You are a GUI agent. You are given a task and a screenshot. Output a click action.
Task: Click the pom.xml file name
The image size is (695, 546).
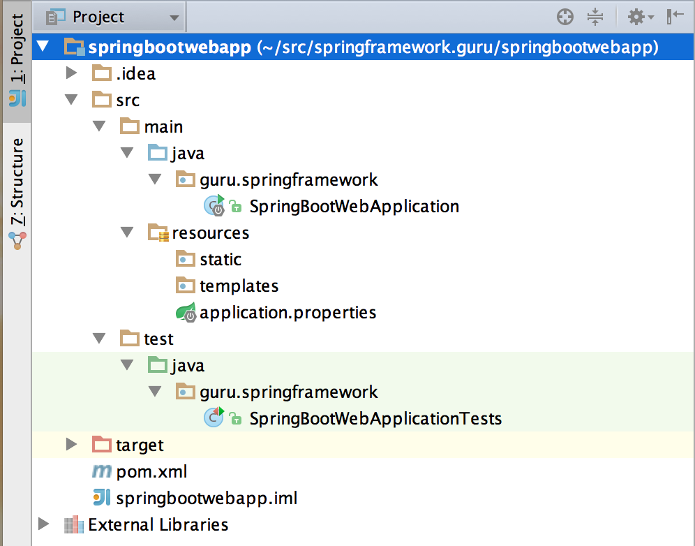(151, 472)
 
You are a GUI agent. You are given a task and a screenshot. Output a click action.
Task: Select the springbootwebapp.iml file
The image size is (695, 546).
(207, 499)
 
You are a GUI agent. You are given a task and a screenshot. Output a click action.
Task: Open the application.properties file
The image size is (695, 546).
(287, 313)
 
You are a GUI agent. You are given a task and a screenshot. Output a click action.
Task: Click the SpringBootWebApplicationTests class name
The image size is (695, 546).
(375, 419)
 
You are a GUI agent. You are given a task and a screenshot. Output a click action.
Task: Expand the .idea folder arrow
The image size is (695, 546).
(71, 73)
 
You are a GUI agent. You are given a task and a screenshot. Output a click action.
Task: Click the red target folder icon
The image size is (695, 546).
(101, 444)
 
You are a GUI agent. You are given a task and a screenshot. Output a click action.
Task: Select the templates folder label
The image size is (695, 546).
(239, 286)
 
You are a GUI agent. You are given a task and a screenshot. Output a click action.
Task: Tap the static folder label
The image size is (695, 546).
(221, 260)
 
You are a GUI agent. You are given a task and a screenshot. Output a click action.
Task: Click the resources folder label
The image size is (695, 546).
(211, 233)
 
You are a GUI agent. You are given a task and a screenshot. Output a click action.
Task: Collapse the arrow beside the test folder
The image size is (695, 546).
(99, 339)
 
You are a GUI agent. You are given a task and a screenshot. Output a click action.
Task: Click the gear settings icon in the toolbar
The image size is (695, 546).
(636, 17)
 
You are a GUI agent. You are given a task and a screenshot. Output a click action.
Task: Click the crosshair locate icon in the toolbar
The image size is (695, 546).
(565, 17)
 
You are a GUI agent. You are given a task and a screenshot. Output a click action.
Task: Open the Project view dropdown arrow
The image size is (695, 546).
(174, 18)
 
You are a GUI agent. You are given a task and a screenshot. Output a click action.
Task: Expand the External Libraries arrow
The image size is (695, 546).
(43, 524)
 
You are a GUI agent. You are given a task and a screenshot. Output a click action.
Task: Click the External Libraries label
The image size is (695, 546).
(158, 525)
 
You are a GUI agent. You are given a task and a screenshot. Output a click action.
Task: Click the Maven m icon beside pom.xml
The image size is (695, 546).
(101, 471)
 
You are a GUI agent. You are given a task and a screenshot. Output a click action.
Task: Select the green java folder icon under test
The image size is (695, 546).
(157, 365)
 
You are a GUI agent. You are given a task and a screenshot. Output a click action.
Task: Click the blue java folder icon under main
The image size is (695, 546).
(157, 153)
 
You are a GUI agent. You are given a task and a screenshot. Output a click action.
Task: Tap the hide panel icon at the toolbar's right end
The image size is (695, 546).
(675, 17)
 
